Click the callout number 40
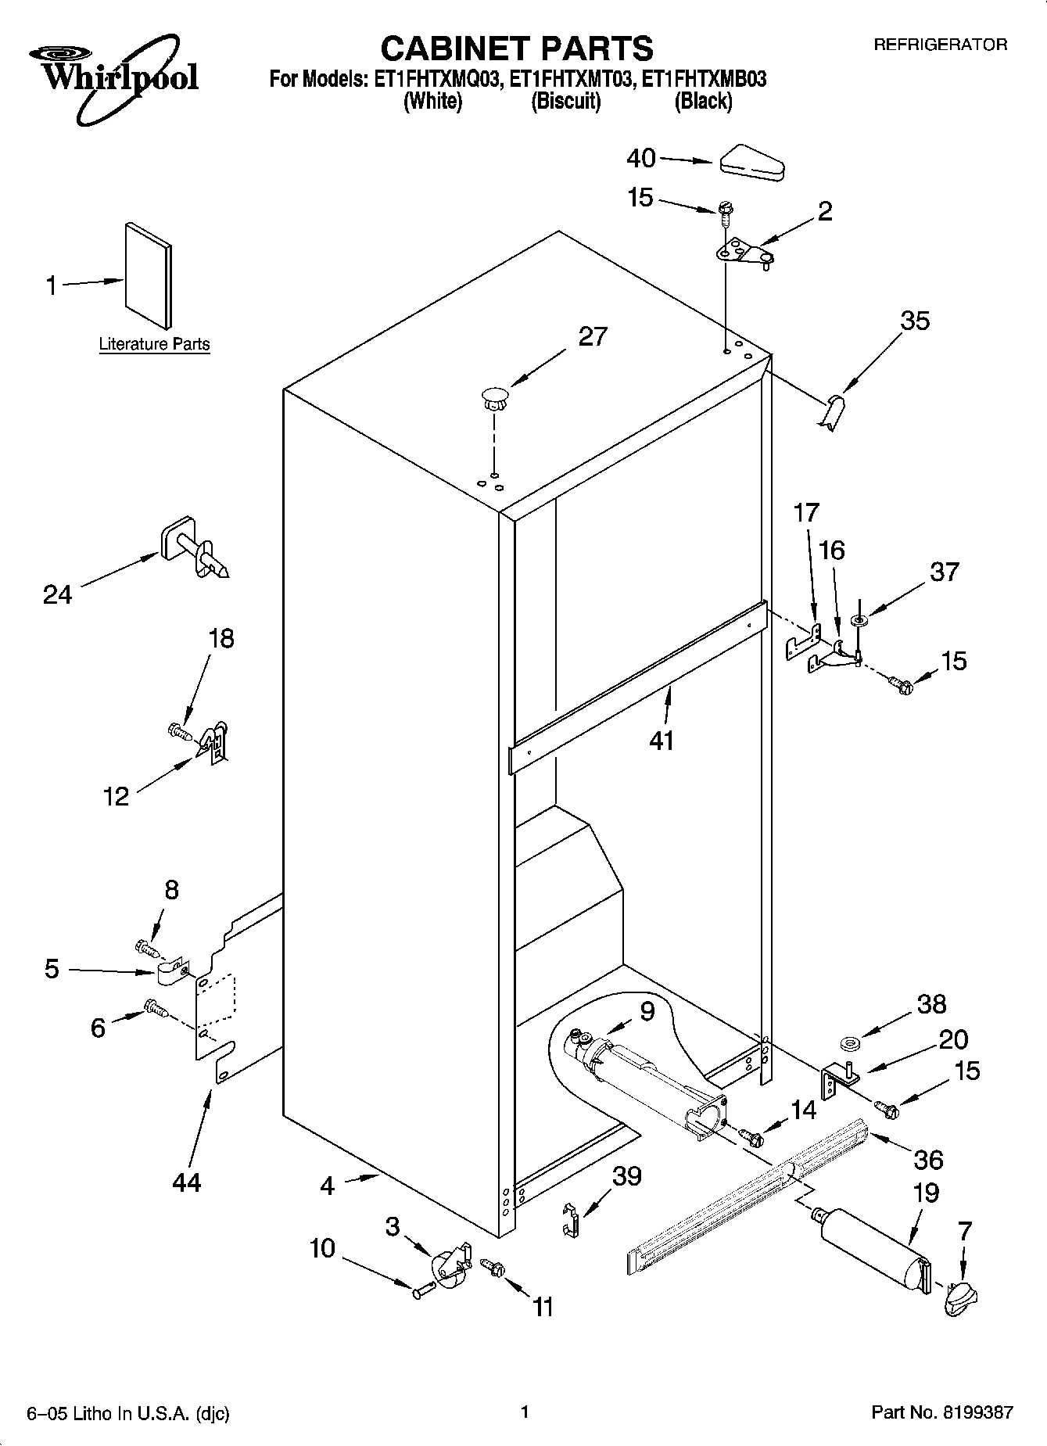pyautogui.click(x=641, y=159)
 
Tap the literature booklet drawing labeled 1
pyautogui.click(x=148, y=275)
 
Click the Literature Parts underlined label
pyautogui.click(x=154, y=344)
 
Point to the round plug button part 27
pyautogui.click(x=493, y=397)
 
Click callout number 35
pyautogui.click(x=915, y=321)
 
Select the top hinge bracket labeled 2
pyautogui.click(x=742, y=255)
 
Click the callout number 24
pyautogui.click(x=57, y=595)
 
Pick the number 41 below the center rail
pyautogui.click(x=662, y=740)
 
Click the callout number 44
pyautogui.click(x=186, y=1182)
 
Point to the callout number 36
pyautogui.click(x=928, y=1159)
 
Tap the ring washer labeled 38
pyautogui.click(x=849, y=1043)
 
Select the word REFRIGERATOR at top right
pyautogui.click(x=940, y=45)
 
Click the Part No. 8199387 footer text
pyautogui.click(x=942, y=1412)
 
